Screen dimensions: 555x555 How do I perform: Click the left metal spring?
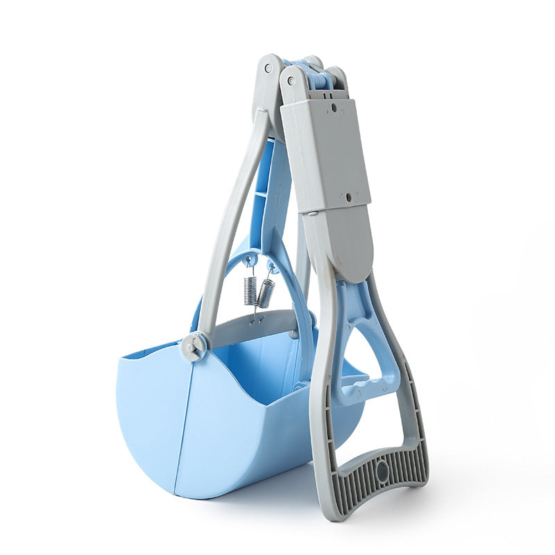point(250,290)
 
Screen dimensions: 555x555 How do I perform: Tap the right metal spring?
point(265,293)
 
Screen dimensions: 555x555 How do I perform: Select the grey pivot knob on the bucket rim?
point(194,345)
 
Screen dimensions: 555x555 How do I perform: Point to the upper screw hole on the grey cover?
point(334,108)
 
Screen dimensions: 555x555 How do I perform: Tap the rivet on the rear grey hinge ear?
point(268,69)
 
